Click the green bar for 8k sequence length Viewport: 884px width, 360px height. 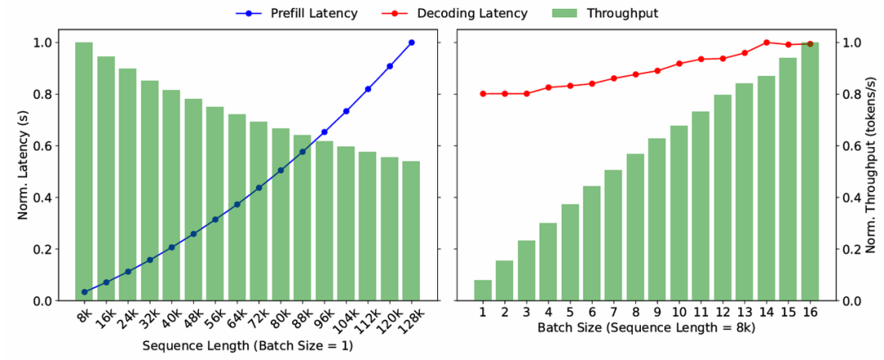click(x=84, y=172)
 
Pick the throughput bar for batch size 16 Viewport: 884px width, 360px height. click(x=810, y=172)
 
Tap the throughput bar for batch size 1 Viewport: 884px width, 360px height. click(x=483, y=290)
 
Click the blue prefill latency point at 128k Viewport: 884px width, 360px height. click(x=411, y=43)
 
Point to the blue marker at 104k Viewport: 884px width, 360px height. click(x=346, y=111)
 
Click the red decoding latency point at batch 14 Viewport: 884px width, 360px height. click(x=766, y=43)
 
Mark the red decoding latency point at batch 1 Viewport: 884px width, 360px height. click(x=483, y=93)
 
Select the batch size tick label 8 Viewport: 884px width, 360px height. click(x=635, y=312)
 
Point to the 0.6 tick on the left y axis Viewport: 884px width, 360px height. click(x=38, y=146)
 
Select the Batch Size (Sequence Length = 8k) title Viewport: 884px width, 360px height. click(x=646, y=329)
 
